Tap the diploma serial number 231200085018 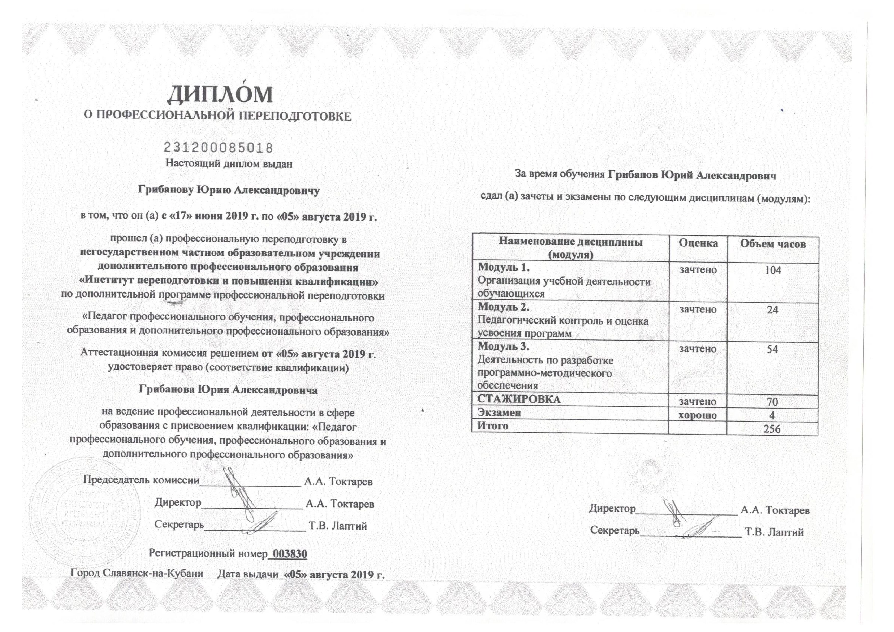click(218, 148)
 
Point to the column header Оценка click(698, 243)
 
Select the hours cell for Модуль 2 click(772, 310)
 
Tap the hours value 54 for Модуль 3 click(772, 349)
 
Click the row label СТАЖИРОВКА click(519, 399)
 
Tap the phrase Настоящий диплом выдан click(229, 163)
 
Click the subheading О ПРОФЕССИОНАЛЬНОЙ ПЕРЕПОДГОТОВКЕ click(218, 116)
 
